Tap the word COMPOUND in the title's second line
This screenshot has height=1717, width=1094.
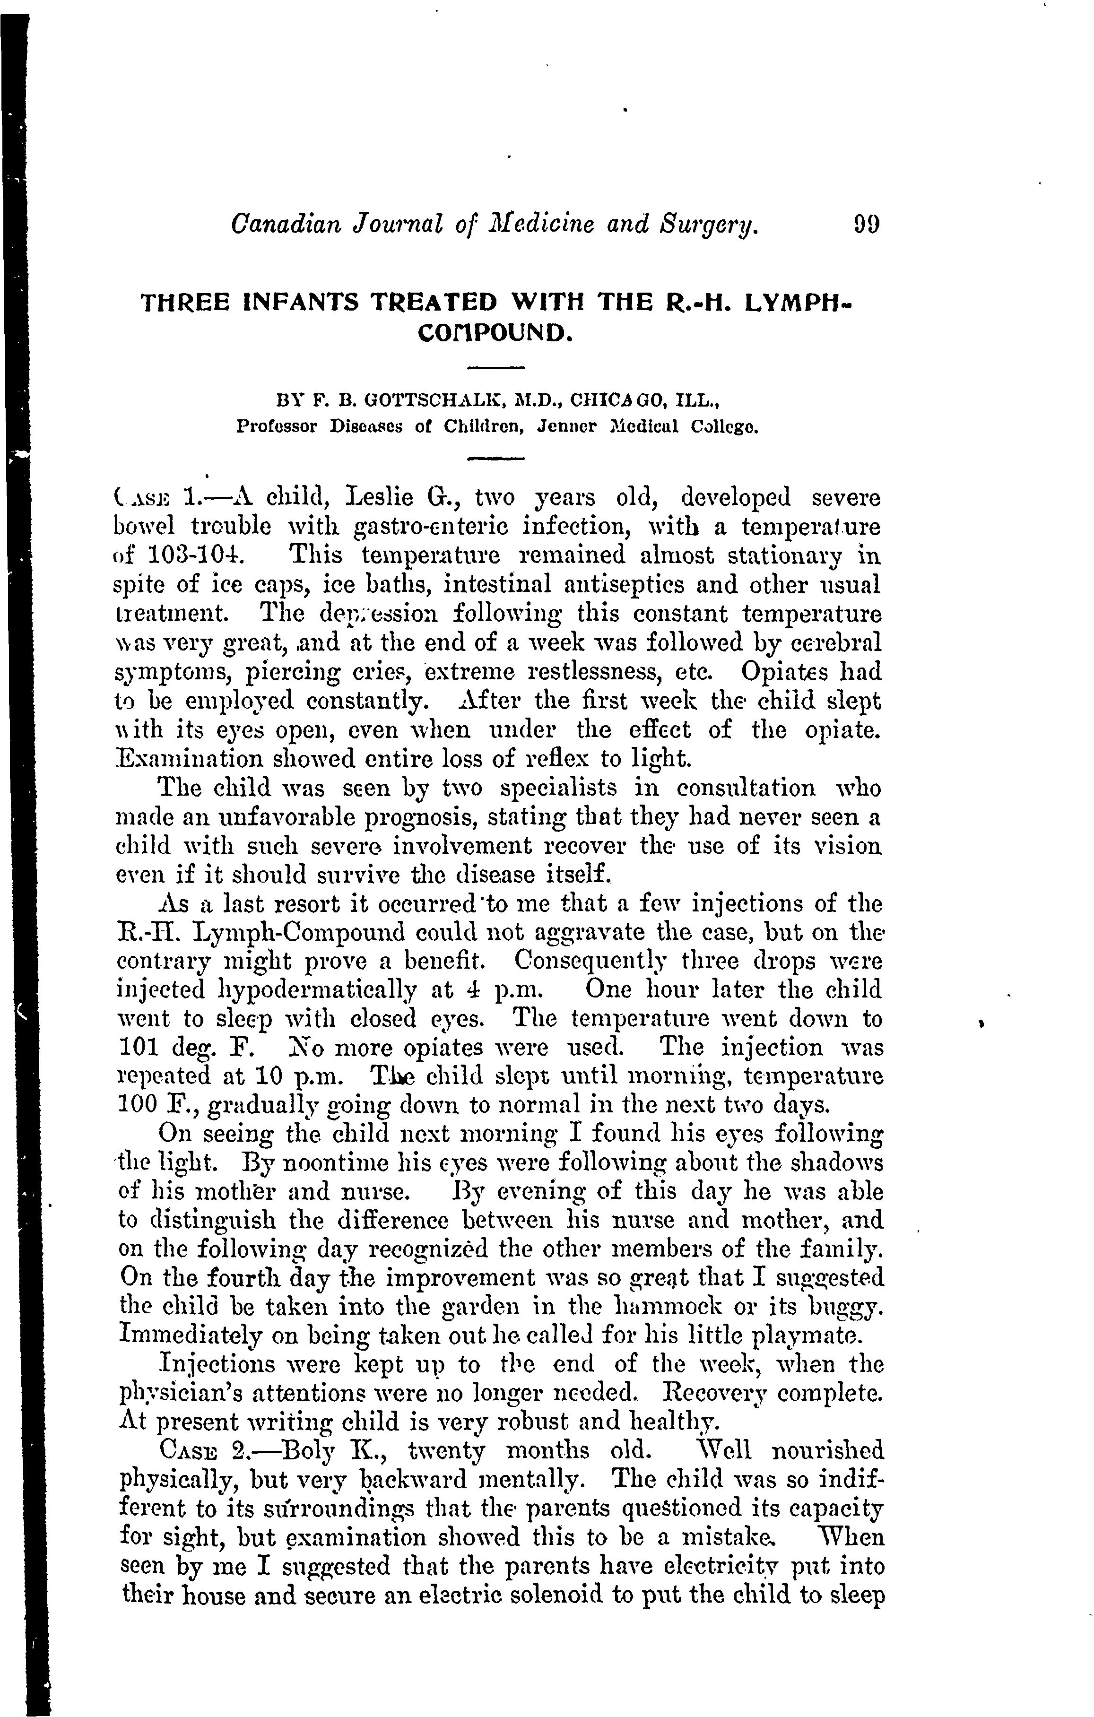[497, 332]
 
